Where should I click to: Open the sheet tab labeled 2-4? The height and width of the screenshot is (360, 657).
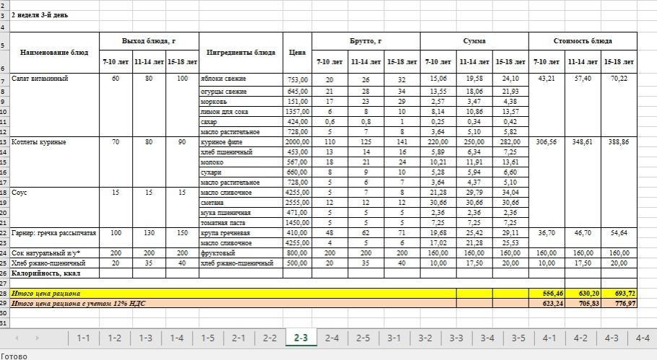coord(331,338)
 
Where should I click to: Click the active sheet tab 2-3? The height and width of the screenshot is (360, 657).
coord(300,338)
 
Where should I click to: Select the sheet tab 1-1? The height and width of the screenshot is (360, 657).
coord(83,338)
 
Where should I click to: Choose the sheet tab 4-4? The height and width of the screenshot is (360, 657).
coord(642,338)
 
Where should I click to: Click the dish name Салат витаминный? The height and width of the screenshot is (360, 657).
coord(40,79)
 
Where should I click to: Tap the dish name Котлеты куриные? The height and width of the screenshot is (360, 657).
coord(40,142)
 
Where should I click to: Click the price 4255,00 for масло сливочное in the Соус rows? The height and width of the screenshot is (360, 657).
coord(297,193)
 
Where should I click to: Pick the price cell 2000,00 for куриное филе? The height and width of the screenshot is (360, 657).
coord(297,142)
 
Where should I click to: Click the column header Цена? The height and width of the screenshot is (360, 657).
coord(297,52)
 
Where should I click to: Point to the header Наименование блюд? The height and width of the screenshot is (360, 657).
coord(54,52)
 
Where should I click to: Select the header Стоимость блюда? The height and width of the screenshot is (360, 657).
coord(583,41)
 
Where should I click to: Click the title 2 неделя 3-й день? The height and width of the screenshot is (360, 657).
coord(40,14)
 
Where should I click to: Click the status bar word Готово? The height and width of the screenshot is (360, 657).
coord(14,355)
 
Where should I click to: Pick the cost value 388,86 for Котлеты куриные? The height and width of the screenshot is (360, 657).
coord(619,142)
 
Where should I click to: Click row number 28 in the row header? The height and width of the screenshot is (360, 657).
coord(4,294)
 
